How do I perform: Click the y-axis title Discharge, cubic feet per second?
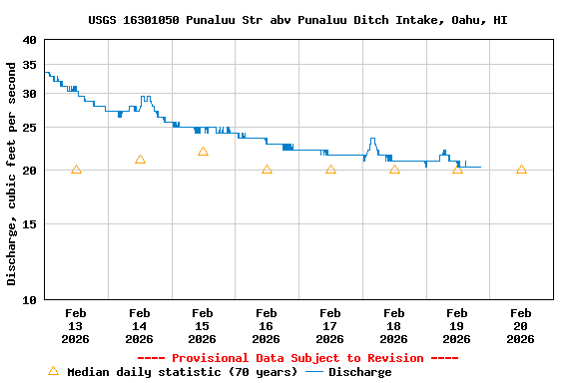(12, 174)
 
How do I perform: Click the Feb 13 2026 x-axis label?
(76, 325)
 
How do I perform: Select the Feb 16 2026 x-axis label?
(267, 325)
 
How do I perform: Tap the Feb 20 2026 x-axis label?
(520, 325)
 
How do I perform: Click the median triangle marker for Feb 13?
(76, 170)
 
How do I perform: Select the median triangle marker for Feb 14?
(140, 160)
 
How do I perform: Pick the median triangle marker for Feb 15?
(203, 152)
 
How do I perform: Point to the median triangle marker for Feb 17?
(330, 170)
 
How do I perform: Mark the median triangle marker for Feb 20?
(521, 170)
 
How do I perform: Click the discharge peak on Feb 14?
(146, 98)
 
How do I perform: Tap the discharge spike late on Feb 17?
(372, 140)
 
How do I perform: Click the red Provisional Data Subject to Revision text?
(296, 358)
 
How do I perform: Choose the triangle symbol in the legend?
(53, 371)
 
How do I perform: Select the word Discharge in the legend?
(359, 372)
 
